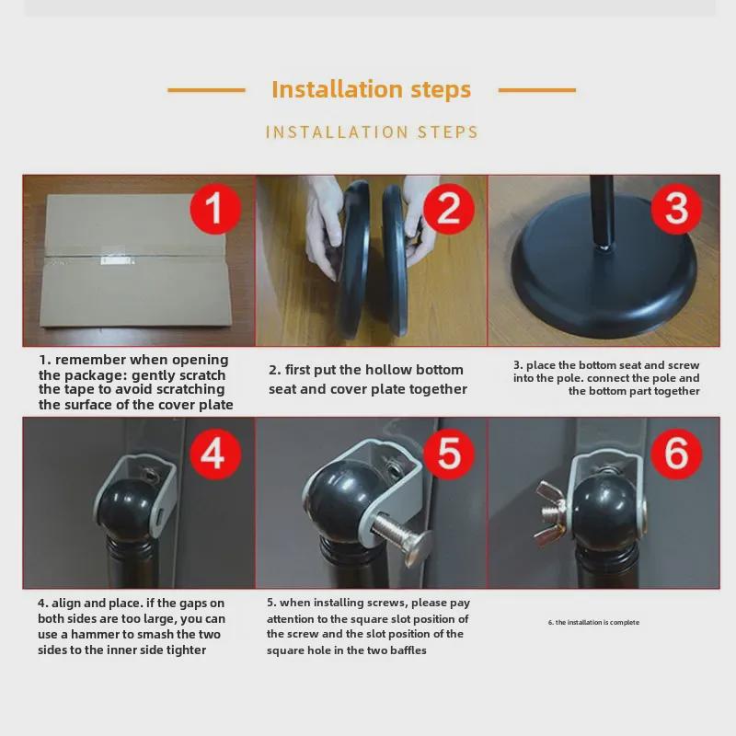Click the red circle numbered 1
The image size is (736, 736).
click(215, 209)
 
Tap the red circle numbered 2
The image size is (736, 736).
click(449, 209)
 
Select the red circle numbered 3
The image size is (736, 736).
click(676, 209)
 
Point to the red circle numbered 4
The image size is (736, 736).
click(215, 454)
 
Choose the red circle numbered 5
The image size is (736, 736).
click(449, 454)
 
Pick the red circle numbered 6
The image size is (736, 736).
click(676, 454)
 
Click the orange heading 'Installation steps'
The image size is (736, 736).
click(372, 89)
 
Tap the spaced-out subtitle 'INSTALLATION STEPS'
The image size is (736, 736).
click(372, 132)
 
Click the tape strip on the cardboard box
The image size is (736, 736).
click(118, 259)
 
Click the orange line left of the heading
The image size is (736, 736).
click(206, 89)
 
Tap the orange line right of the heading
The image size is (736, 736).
click(537, 89)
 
